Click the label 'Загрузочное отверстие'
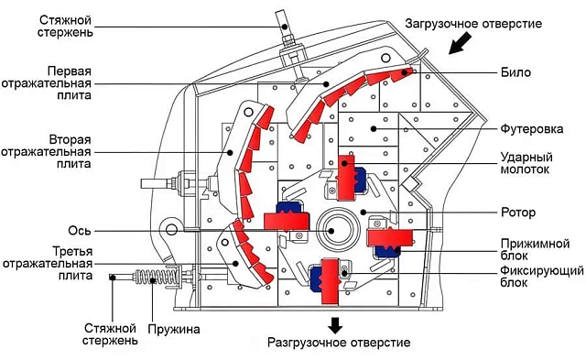(x=473, y=24)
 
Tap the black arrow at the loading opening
(x=460, y=43)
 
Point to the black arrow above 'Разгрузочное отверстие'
(x=335, y=325)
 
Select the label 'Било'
(x=515, y=72)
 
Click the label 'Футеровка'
(x=532, y=129)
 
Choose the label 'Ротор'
(x=518, y=213)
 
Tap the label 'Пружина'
(x=174, y=330)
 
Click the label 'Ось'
(x=80, y=231)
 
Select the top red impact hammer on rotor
(x=346, y=178)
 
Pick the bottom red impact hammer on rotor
(x=330, y=281)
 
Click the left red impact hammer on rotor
(x=287, y=221)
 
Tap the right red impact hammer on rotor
(x=390, y=238)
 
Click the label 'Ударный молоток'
(x=526, y=163)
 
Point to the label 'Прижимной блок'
(x=535, y=250)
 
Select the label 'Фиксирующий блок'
(x=542, y=276)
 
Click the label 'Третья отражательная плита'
(x=47, y=263)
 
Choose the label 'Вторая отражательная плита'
(x=47, y=152)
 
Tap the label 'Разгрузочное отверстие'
(x=339, y=342)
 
